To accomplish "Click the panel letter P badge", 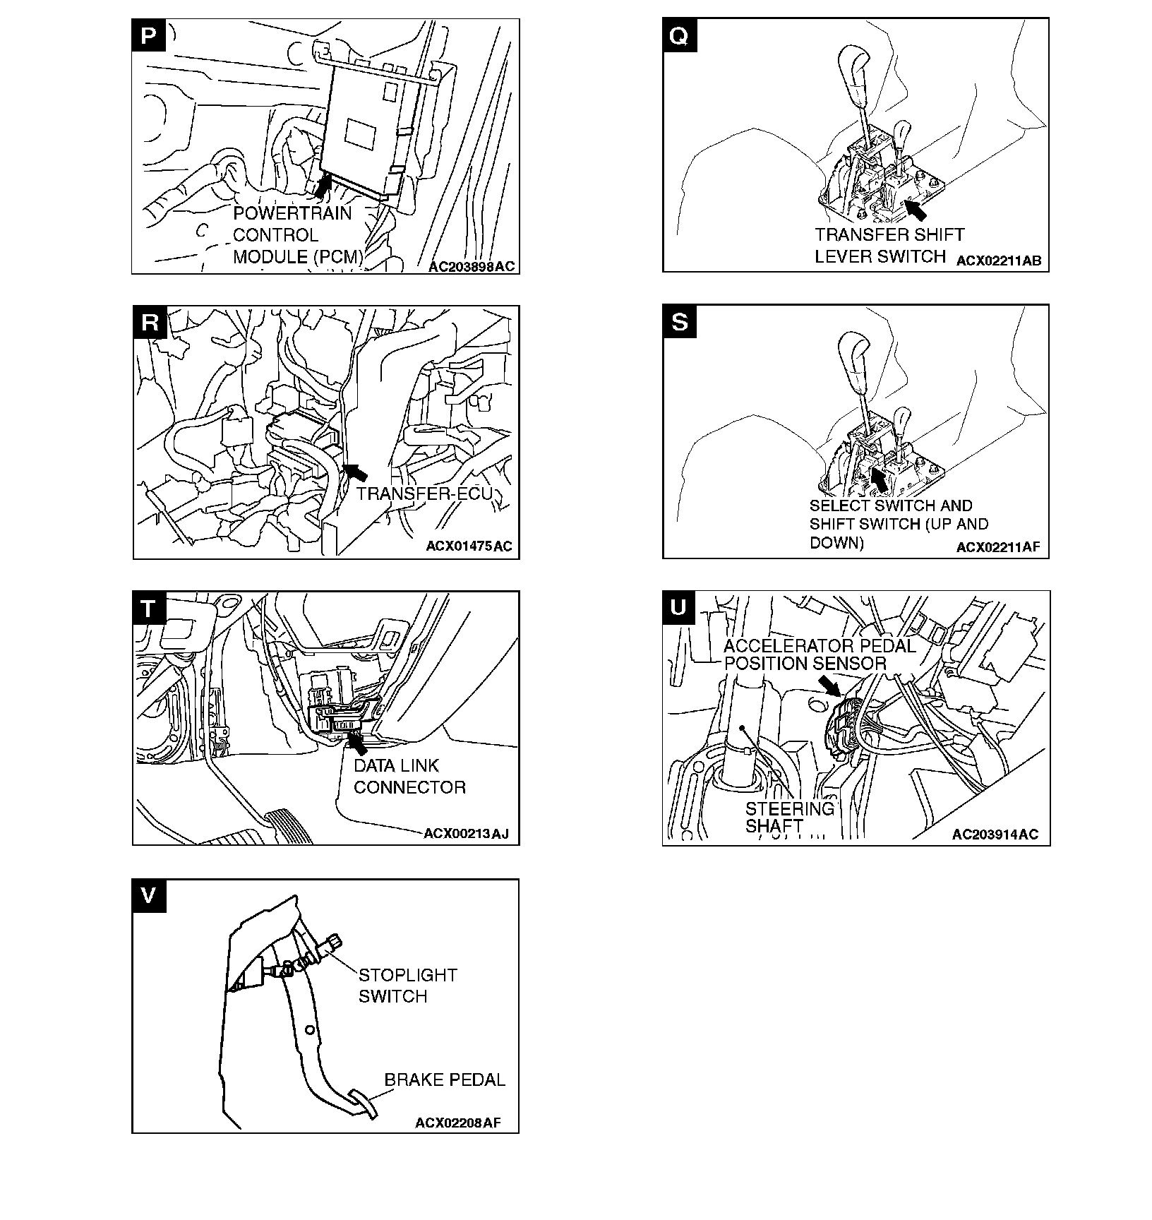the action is click(149, 35).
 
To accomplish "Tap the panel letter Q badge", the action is click(679, 35).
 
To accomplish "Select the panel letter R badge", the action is click(150, 322).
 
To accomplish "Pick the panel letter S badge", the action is click(679, 321).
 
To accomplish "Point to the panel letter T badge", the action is click(149, 608).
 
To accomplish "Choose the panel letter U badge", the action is click(679, 607).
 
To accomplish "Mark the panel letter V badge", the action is click(149, 896).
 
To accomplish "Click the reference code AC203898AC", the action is click(472, 266).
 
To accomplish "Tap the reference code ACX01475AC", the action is click(469, 546).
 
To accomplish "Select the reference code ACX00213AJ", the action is click(466, 834).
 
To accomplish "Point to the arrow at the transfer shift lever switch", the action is click(915, 210).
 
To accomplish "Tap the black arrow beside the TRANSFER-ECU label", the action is click(357, 471).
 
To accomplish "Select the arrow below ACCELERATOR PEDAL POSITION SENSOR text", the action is click(829, 686).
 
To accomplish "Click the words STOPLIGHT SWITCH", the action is click(408, 986).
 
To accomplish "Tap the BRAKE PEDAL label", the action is click(445, 1080).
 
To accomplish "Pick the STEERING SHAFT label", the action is click(790, 818).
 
